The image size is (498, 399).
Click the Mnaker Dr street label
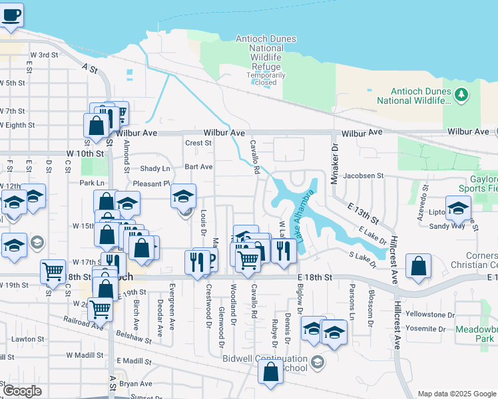click(x=335, y=156)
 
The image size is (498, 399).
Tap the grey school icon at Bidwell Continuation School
click(x=318, y=362)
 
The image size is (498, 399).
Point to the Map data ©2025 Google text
click(x=457, y=394)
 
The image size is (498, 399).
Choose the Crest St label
click(x=198, y=142)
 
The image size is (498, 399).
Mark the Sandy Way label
click(x=447, y=226)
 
